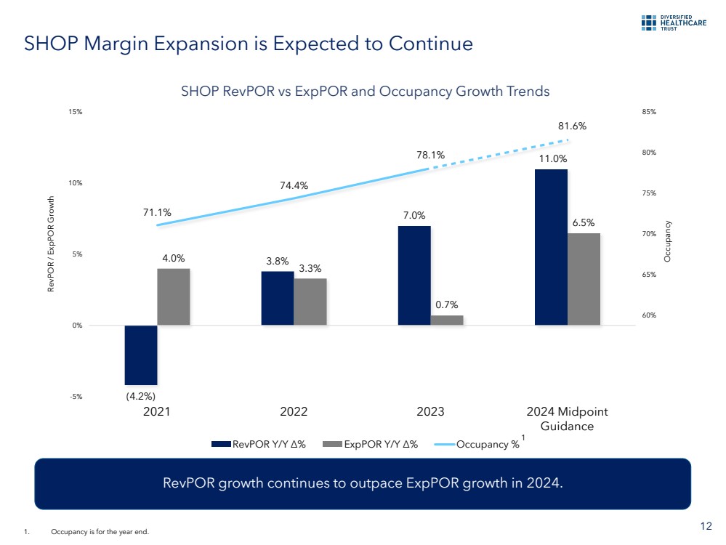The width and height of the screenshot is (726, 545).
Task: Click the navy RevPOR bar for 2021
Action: [x=140, y=355]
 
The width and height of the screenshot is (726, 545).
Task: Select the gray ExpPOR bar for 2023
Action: [x=447, y=320]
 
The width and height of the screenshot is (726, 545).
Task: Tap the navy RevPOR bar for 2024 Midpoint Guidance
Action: [x=551, y=247]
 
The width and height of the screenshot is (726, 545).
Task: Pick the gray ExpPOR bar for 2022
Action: [x=310, y=302]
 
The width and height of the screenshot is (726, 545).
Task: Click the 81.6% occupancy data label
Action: [x=573, y=126]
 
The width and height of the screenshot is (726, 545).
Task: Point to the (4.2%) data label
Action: [x=140, y=395]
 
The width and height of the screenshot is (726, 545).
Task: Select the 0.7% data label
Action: [x=447, y=304]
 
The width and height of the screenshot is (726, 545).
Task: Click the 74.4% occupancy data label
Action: [x=294, y=185]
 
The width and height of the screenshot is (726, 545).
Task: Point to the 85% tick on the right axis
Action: [x=649, y=112]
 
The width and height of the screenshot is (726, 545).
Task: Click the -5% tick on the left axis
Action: [x=76, y=397]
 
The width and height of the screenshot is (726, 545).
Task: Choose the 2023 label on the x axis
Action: [x=430, y=412]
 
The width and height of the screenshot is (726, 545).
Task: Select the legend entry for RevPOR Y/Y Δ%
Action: [x=259, y=445]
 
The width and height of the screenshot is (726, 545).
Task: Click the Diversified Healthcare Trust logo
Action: [x=674, y=23]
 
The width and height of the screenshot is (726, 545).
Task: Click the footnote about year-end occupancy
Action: [x=100, y=533]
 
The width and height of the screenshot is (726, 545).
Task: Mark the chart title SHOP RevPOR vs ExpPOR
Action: [x=365, y=92]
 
